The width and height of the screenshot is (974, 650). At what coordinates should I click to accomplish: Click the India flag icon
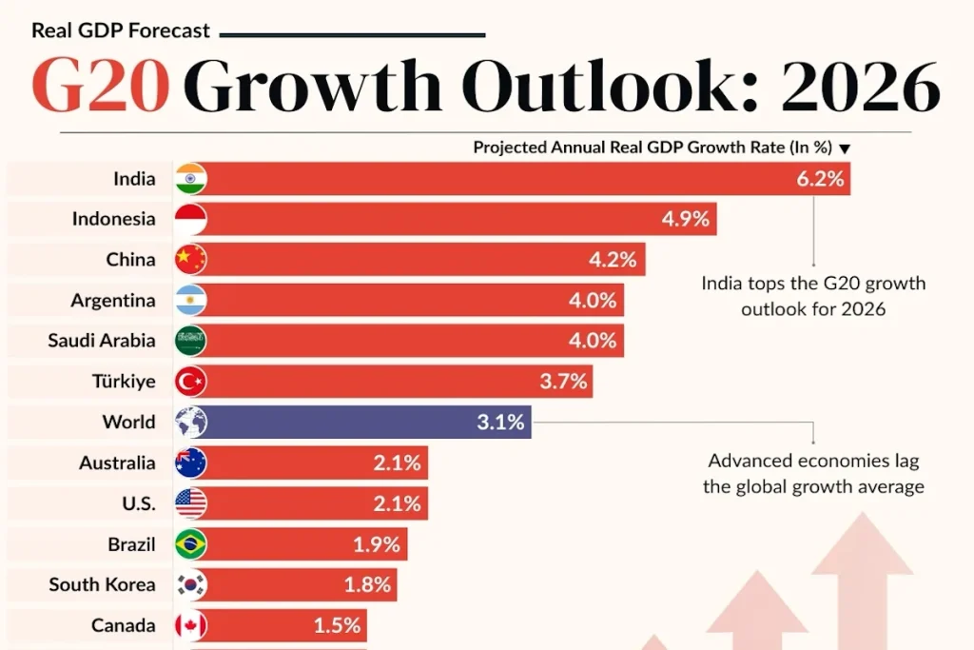coord(190,179)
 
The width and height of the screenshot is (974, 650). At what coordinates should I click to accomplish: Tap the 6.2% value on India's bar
coord(820,179)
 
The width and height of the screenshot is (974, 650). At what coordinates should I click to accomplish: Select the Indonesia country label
coord(114,219)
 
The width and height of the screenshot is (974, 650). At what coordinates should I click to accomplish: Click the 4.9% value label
coord(685,219)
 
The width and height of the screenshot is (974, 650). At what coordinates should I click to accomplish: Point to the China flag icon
coord(190,260)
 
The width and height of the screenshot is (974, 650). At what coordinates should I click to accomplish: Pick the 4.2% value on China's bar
coord(613,260)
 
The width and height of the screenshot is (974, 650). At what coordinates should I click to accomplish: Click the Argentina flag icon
coord(190,300)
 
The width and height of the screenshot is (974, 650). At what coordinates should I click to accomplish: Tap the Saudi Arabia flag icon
coord(190,341)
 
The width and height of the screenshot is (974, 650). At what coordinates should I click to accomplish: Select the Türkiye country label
coord(124,381)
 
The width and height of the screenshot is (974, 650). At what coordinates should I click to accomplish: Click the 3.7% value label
coord(563,381)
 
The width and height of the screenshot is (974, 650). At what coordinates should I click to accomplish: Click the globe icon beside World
coord(190,422)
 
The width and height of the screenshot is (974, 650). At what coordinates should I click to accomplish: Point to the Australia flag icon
coord(190,463)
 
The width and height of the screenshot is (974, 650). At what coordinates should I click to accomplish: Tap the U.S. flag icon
coord(190,503)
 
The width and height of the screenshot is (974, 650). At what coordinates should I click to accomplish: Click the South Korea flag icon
coord(190,584)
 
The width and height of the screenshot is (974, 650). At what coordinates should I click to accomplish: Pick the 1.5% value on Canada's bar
coord(337,625)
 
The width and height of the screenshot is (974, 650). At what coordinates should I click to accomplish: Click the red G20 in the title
coord(101,85)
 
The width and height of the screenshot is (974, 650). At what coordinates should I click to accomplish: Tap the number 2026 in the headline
coord(860,85)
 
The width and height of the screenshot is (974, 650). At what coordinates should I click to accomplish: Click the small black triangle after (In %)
coord(845,148)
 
